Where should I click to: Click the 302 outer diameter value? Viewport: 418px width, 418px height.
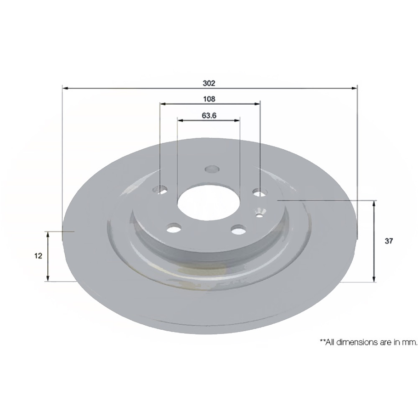[x=209, y=84]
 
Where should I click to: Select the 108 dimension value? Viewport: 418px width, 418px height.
[x=209, y=99]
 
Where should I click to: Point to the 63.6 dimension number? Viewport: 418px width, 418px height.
[x=209, y=116]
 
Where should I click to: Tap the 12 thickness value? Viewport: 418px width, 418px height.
[x=39, y=256]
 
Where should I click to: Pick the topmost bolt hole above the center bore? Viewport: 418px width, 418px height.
[x=211, y=169]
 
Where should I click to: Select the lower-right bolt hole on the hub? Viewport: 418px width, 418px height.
[x=238, y=229]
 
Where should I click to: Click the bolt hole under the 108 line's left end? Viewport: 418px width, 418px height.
[x=161, y=188]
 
